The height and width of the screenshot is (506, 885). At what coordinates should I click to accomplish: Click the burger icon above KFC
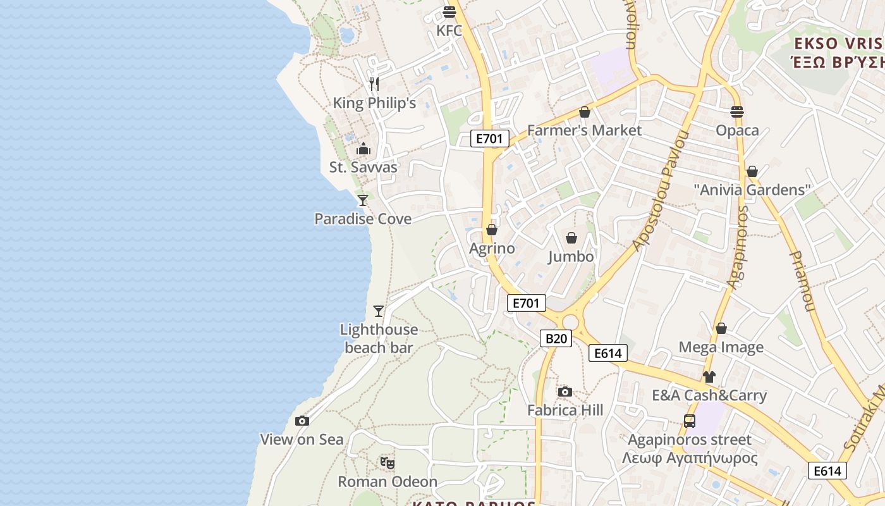pos(449,11)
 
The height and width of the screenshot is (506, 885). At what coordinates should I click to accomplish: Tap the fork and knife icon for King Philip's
pos(374,84)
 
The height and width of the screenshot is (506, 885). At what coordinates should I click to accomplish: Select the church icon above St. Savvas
pos(363,149)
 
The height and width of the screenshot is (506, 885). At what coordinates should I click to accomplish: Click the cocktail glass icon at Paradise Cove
pos(363,201)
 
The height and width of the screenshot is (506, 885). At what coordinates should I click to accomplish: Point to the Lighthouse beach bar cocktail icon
pos(379,311)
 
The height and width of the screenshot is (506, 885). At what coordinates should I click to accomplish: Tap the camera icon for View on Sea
pos(302,421)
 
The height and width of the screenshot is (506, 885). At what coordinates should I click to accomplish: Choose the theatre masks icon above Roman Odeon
pos(388,463)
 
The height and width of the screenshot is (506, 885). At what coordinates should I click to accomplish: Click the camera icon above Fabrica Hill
pos(565,392)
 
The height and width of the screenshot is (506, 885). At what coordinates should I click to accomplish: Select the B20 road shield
pos(556,338)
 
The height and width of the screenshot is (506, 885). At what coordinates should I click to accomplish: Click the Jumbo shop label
pos(571,256)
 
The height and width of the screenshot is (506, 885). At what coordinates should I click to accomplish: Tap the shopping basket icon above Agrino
pos(492,230)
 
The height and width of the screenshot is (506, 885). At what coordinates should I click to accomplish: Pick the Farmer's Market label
pos(584,130)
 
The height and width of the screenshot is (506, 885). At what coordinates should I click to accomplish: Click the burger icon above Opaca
pos(737,112)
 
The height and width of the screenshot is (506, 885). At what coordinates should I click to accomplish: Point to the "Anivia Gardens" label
pos(752,190)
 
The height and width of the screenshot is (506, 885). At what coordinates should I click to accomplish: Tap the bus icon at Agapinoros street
pos(690,421)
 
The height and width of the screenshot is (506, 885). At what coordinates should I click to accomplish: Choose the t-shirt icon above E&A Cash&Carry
pos(709,377)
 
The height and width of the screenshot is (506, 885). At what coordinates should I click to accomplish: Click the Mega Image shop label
pos(721,347)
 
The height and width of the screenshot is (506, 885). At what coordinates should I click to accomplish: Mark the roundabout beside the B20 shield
pos(571,323)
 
